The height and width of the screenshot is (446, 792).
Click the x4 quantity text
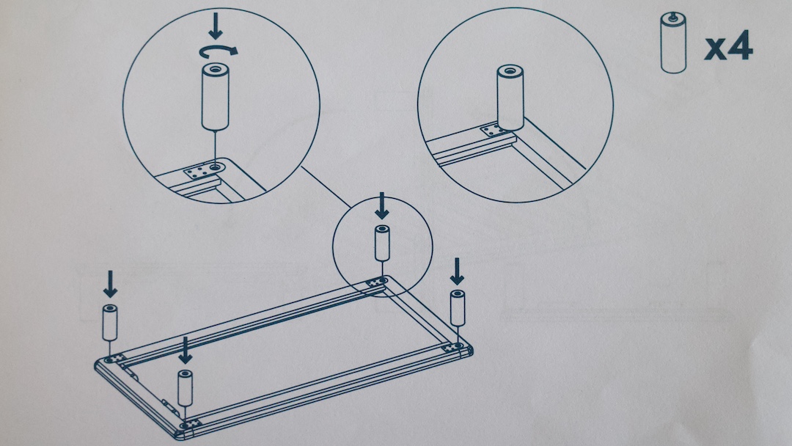tap(728, 46)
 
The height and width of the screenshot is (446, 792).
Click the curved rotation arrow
tap(219, 51)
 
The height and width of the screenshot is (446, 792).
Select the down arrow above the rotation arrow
tap(216, 26)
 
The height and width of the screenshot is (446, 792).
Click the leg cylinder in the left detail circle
tap(215, 97)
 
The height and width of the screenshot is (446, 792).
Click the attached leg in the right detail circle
tap(510, 98)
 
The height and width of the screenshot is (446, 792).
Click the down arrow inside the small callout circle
tap(382, 205)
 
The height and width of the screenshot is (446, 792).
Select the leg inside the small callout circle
tap(382, 244)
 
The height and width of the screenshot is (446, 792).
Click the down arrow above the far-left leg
tap(109, 284)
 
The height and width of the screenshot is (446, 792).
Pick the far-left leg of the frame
tap(109, 323)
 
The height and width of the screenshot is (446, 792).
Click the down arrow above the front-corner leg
tap(186, 350)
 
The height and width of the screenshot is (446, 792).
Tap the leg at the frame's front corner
tap(186, 388)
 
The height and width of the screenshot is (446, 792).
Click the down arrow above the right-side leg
tap(457, 271)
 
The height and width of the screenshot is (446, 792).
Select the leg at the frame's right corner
tap(458, 308)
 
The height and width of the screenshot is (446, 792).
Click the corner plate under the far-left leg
tap(115, 359)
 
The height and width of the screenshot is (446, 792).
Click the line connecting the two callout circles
tap(326, 187)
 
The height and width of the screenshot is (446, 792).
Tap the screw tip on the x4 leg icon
tap(673, 15)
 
